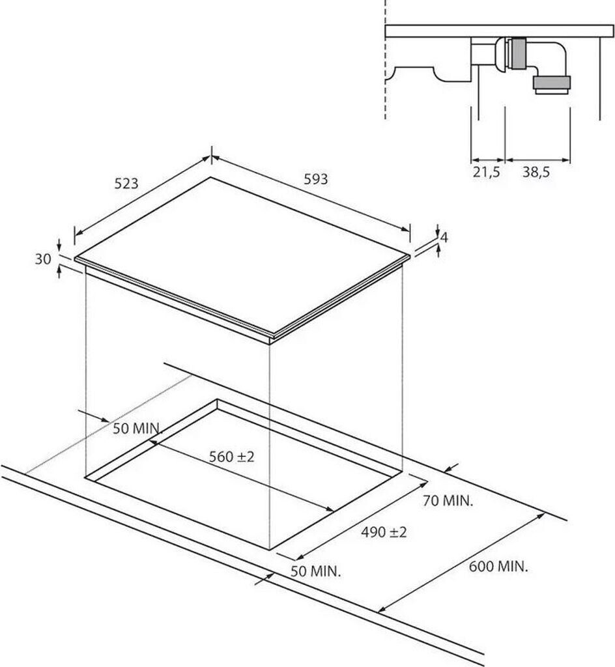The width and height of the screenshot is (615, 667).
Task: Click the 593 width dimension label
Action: [x=316, y=178]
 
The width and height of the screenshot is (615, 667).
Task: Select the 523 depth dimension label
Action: [x=126, y=184]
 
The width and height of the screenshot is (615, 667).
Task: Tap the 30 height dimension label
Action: [x=43, y=259]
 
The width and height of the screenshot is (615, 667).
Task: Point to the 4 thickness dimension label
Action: [x=444, y=238]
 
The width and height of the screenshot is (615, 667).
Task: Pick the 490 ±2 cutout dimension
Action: [x=384, y=532]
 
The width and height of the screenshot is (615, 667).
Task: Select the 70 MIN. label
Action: [x=448, y=501]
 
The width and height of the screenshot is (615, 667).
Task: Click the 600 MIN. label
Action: [x=498, y=566]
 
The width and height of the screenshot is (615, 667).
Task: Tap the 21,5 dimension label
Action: [x=486, y=173]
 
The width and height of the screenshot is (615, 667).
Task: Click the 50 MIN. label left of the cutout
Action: [x=137, y=429]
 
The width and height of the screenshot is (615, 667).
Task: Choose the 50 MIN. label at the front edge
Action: [x=315, y=572]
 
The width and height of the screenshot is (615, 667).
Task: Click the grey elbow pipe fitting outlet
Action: [x=551, y=83]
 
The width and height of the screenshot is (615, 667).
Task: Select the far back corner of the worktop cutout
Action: [x=217, y=400]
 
